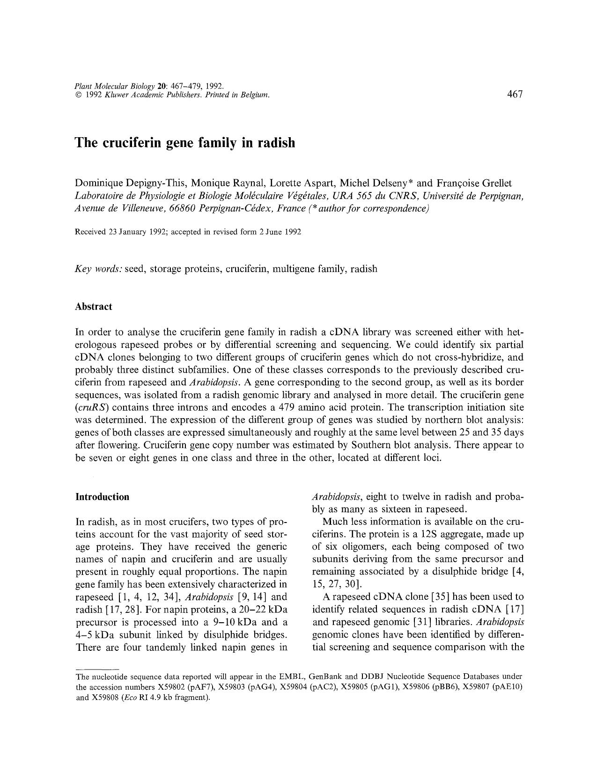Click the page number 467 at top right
(x=514, y=94)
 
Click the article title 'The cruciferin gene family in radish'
(x=185, y=143)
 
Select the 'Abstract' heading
(x=94, y=307)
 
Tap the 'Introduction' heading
(x=102, y=497)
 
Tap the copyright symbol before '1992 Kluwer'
(x=78, y=95)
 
